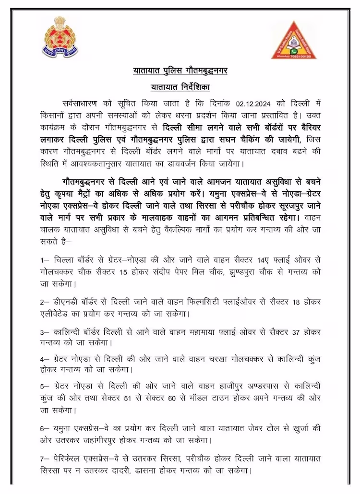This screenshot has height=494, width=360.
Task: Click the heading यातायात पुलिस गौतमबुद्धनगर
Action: pos(180,71)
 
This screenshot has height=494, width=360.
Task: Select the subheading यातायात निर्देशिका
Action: pos(180,87)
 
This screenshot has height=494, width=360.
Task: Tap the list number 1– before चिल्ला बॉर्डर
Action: pos(45,259)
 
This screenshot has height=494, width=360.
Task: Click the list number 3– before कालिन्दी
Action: pos(45,332)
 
